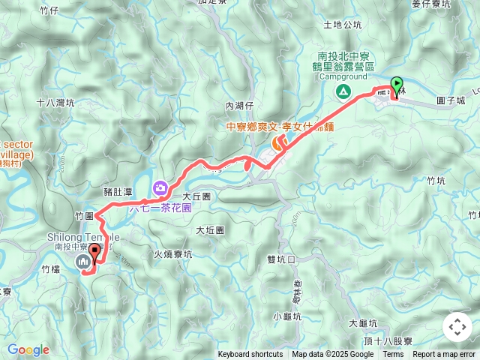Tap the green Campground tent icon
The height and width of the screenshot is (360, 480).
tap(343, 91)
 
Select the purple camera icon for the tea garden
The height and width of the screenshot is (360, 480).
tap(160, 187)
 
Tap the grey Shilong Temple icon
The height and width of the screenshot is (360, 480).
tap(82, 261)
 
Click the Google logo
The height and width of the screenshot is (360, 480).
tap(28, 349)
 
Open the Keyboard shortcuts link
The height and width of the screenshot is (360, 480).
tap(250, 355)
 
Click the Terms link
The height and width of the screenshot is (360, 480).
tap(393, 355)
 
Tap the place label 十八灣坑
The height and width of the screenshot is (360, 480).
tap(55, 103)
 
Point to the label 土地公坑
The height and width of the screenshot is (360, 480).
tap(342, 25)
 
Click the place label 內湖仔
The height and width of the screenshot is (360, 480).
tap(240, 106)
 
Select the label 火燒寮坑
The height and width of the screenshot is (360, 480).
tap(172, 253)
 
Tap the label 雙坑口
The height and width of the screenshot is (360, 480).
tap(281, 259)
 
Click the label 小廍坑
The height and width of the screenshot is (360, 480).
tap(288, 315)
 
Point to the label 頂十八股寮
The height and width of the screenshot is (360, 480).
tap(387, 340)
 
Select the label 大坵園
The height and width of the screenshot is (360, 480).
tap(210, 230)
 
